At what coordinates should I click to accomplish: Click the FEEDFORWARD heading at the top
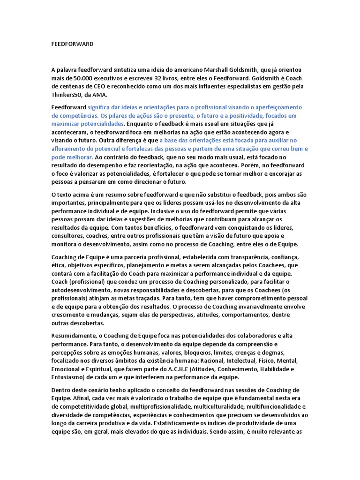[x=72, y=44]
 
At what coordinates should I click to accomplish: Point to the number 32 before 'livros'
[x=160, y=78]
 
